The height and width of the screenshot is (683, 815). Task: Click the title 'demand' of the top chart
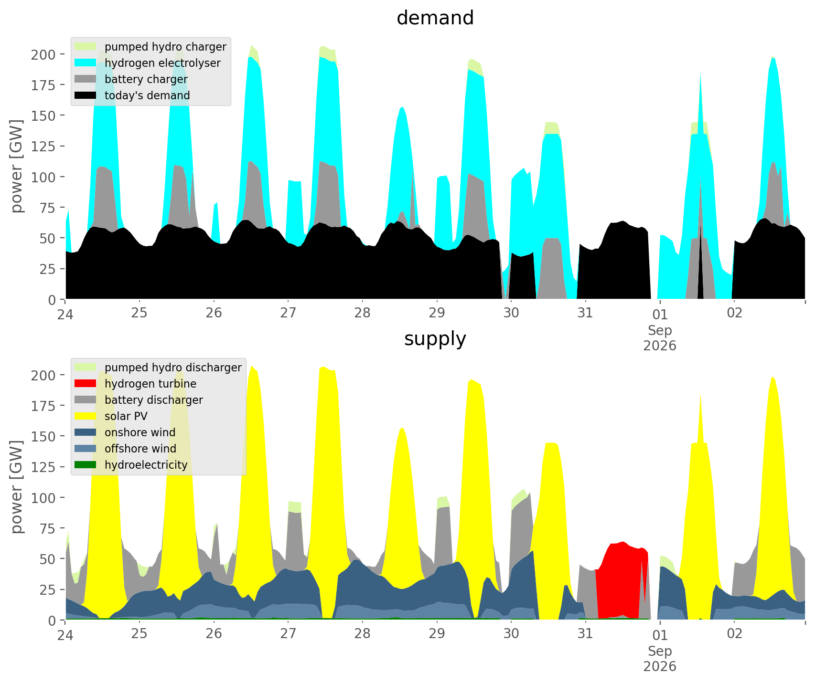pos(435,18)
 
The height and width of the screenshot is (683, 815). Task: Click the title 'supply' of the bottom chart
pos(435,339)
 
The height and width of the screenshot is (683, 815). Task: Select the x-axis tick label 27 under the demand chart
pos(288,313)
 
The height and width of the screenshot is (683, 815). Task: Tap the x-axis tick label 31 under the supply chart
pos(585,634)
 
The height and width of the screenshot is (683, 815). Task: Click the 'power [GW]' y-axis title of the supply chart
pos(17,487)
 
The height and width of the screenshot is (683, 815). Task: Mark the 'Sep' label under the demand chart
pos(660,330)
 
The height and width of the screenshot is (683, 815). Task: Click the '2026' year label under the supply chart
pos(660,666)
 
